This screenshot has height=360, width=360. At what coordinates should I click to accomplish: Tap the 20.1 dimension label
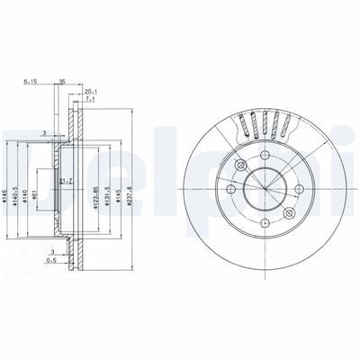tap(91, 91)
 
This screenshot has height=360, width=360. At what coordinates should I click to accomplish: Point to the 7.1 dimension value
tap(91, 101)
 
